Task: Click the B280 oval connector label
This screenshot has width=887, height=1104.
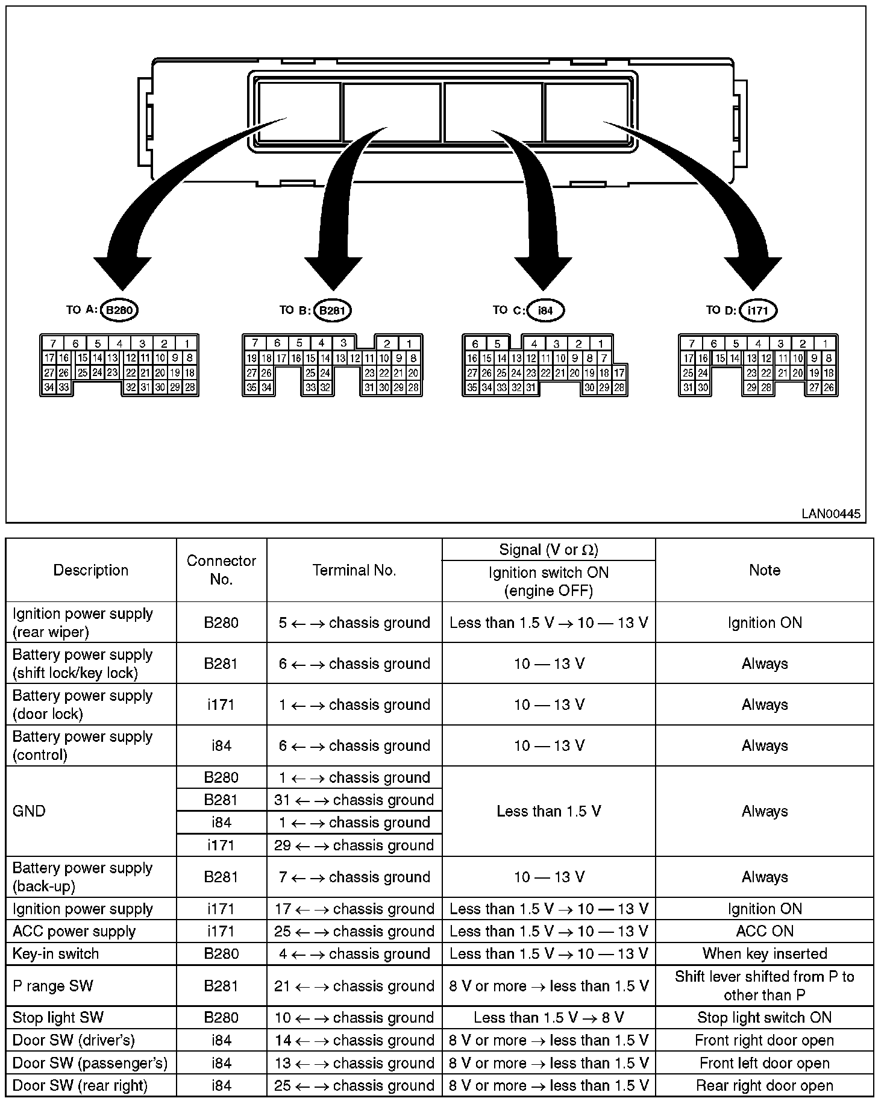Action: [119, 310]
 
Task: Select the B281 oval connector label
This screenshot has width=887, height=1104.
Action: [332, 311]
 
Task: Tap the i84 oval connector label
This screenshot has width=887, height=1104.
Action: [545, 311]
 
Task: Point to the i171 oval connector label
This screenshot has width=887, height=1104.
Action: [758, 311]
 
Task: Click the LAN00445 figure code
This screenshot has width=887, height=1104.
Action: [831, 514]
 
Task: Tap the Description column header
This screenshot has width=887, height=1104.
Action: [91, 570]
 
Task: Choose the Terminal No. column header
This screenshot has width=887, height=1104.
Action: [354, 570]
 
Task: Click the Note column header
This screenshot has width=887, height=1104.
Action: [764, 570]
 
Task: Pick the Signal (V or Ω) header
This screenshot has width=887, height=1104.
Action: [548, 550]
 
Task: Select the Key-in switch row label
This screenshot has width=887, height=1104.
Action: [55, 954]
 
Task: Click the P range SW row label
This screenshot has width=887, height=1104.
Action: [53, 986]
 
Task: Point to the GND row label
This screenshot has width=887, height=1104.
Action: [29, 811]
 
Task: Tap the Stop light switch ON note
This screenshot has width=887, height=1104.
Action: [764, 1018]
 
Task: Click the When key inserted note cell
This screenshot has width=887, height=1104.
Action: [764, 954]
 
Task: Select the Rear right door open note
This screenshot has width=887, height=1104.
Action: [764, 1086]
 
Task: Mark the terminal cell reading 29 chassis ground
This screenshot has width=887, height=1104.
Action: [354, 845]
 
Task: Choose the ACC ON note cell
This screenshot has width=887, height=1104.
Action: [764, 931]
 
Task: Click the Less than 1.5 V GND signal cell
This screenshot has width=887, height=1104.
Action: [548, 811]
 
